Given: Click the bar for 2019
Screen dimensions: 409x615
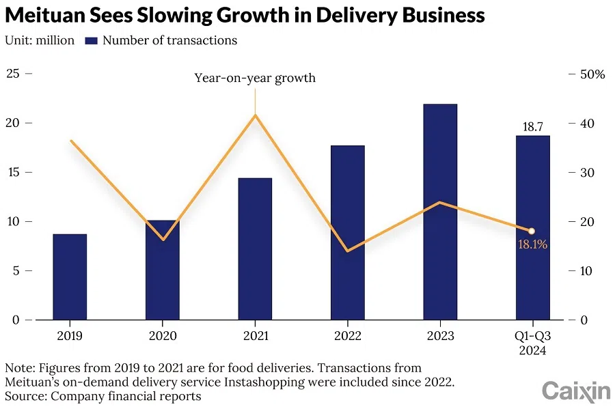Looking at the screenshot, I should click(70, 277).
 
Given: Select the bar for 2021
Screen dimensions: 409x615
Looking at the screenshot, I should click(255, 249).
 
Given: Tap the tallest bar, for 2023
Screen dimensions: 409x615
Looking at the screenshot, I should click(439, 212).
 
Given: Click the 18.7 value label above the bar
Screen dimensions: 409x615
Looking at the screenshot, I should click(532, 126).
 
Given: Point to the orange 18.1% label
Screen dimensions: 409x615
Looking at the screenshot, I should click(532, 244).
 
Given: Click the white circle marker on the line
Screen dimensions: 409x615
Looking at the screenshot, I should click(532, 231).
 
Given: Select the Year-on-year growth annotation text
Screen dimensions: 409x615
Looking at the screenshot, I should click(255, 78).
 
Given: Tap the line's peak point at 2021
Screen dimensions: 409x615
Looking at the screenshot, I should click(255, 115).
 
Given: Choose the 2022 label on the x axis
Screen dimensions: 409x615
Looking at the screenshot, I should click(347, 335).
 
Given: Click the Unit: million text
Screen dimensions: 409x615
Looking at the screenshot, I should click(40, 40).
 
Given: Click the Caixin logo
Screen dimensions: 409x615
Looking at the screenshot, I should click(575, 391).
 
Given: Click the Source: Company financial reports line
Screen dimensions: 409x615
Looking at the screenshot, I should click(103, 395).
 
